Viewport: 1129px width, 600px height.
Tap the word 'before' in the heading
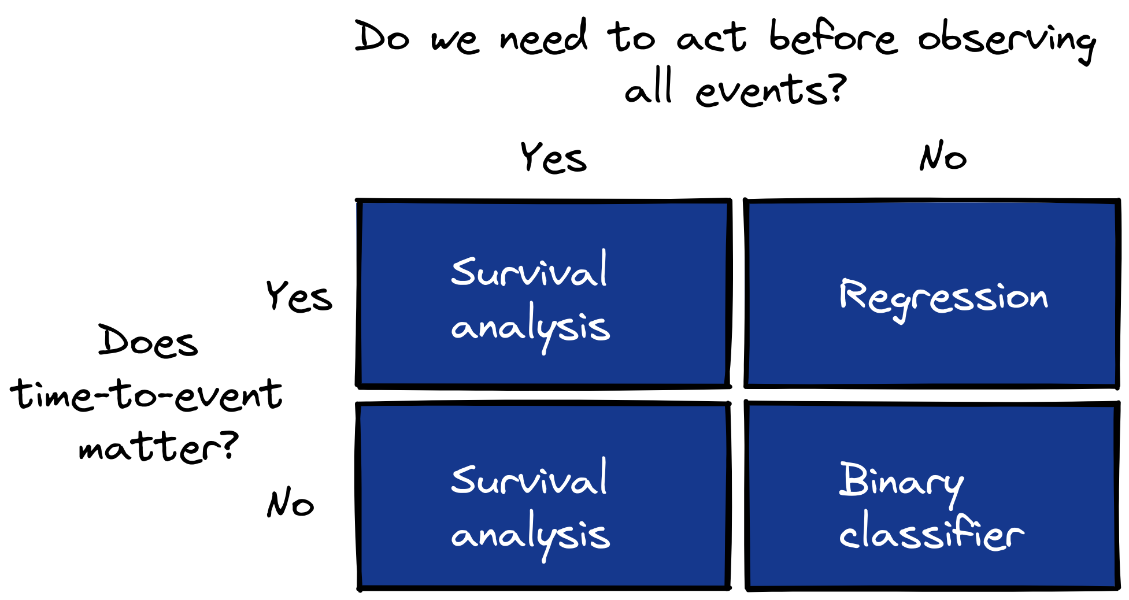[x=834, y=37]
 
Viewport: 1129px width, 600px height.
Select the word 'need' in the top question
[x=544, y=37]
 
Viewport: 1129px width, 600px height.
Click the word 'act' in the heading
[x=711, y=38]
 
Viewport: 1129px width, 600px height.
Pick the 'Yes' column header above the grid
[x=554, y=157]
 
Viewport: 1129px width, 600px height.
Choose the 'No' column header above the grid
[x=943, y=156]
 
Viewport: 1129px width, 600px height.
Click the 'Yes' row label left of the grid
[x=299, y=297]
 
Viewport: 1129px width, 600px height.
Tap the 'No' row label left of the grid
[x=290, y=502]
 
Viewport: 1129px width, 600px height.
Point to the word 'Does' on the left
[x=148, y=340]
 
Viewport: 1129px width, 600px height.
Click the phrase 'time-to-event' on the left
[x=146, y=395]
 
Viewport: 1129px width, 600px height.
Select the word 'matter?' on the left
[x=158, y=447]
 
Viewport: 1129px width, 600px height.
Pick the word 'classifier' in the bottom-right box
[x=931, y=531]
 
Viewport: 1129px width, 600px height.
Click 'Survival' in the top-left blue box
[x=529, y=269]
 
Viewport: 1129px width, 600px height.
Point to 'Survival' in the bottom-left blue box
[x=529, y=477]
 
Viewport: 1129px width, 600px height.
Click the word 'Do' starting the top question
[x=383, y=37]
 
